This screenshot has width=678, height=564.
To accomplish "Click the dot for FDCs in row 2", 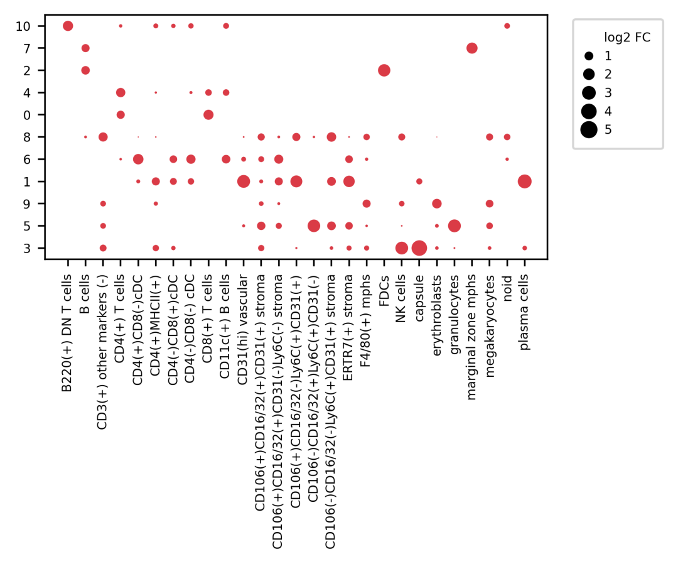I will [x=384, y=70].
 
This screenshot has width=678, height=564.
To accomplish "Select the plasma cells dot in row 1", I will [x=525, y=182].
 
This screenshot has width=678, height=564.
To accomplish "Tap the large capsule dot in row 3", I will [x=419, y=248].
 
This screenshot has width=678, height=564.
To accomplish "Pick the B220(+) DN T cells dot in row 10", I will [x=68, y=26].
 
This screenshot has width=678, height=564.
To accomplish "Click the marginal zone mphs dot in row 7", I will [x=472, y=48].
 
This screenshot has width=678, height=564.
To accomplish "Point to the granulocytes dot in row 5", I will [x=455, y=225].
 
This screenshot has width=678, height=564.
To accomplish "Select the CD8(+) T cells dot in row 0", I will [x=208, y=115].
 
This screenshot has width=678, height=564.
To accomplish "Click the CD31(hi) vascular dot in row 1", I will [x=244, y=182].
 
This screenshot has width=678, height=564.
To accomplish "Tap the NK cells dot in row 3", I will [x=402, y=248].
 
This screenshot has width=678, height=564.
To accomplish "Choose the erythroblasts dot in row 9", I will [x=437, y=203].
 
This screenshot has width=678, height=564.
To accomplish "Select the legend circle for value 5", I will [x=589, y=130].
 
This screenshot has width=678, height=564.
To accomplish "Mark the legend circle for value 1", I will [x=589, y=56].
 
